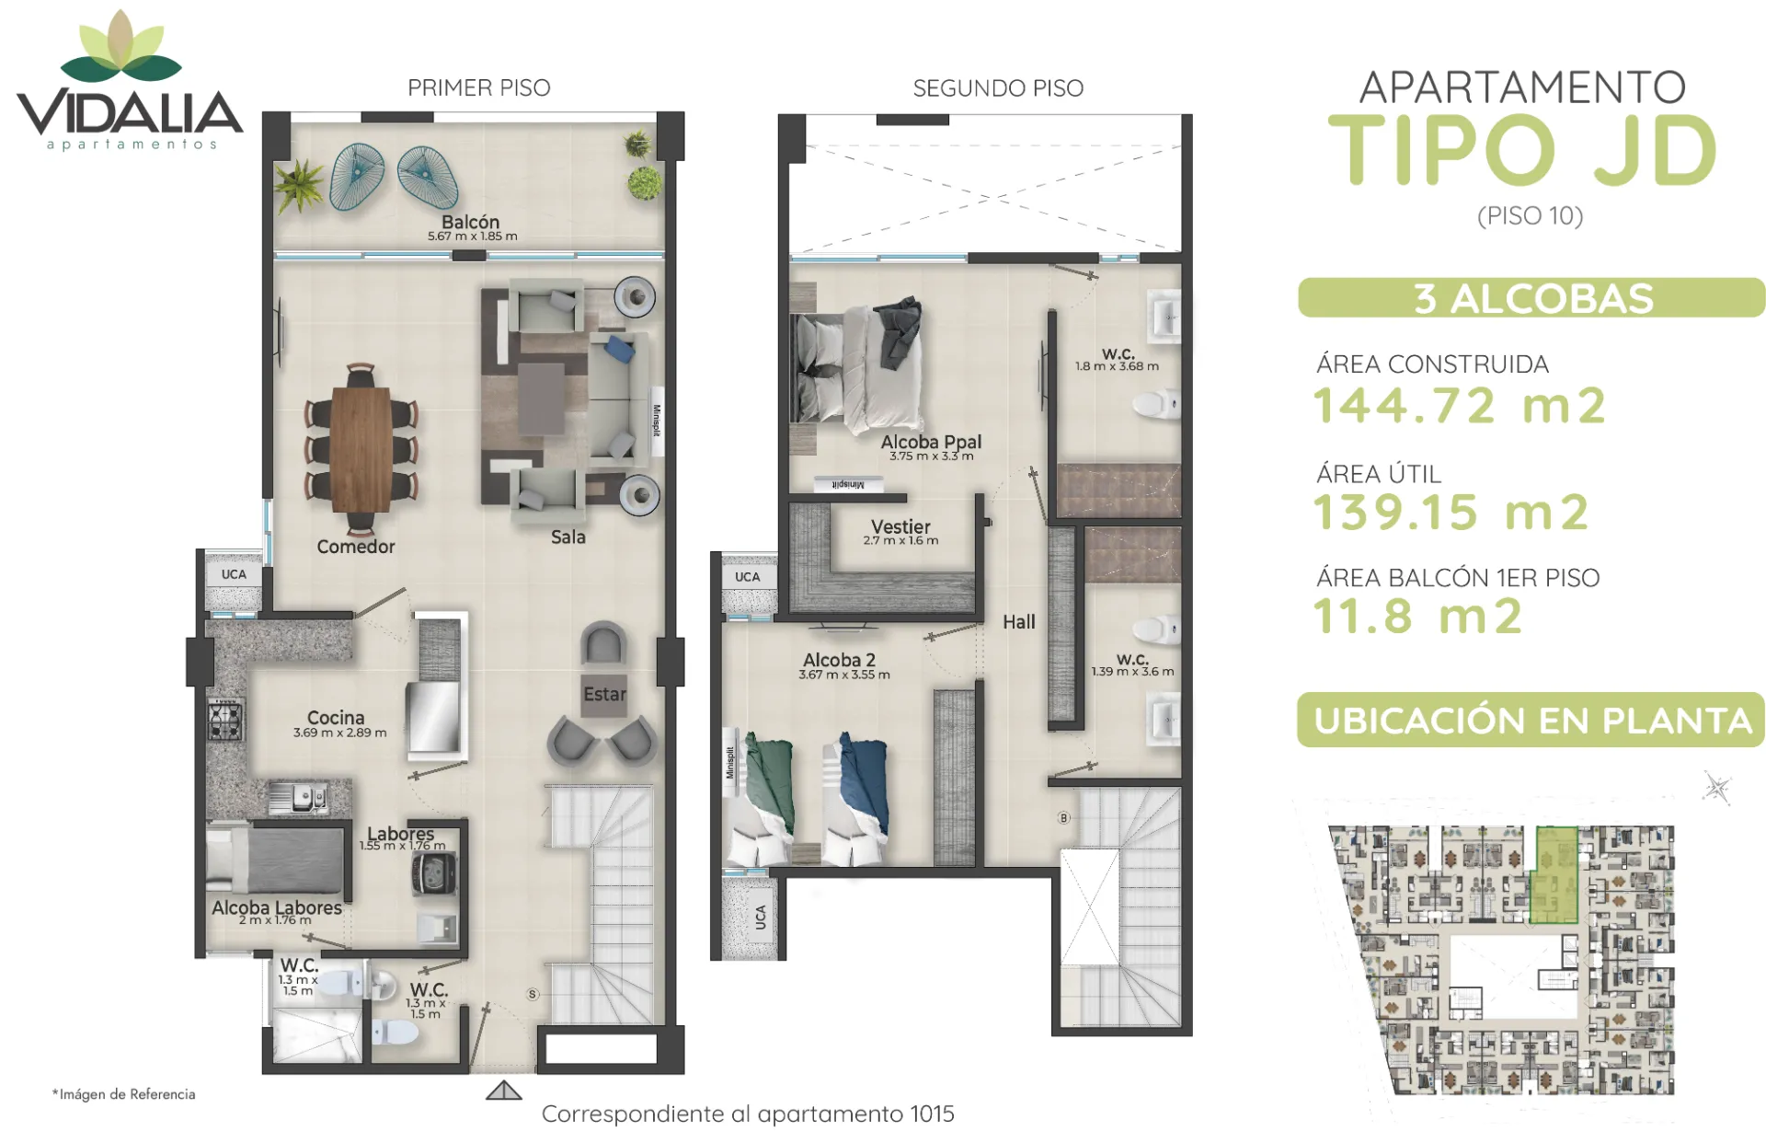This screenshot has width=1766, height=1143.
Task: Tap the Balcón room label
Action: [x=470, y=222]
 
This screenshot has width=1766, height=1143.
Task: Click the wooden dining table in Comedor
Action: [x=361, y=449]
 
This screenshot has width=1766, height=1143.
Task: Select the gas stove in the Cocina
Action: [x=225, y=720]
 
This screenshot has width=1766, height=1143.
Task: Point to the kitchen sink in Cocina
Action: [x=298, y=796]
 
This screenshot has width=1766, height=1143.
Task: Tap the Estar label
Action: [x=604, y=694]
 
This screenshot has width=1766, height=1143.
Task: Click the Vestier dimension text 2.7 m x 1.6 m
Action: [x=900, y=541]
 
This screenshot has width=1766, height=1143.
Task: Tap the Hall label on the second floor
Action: [x=1018, y=622]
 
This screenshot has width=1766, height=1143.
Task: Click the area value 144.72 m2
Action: [x=1460, y=406]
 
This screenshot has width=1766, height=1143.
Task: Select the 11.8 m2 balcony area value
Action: [x=1417, y=617]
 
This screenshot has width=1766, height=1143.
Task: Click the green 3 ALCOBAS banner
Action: [x=1531, y=298]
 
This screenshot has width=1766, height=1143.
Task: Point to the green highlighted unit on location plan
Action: [x=1554, y=874]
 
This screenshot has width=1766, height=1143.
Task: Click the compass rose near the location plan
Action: [x=1716, y=788]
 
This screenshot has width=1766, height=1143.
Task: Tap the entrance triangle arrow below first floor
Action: [x=503, y=1091]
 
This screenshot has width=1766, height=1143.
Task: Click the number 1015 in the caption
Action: [x=932, y=1114]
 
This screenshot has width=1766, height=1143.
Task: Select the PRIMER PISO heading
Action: [x=479, y=87]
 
